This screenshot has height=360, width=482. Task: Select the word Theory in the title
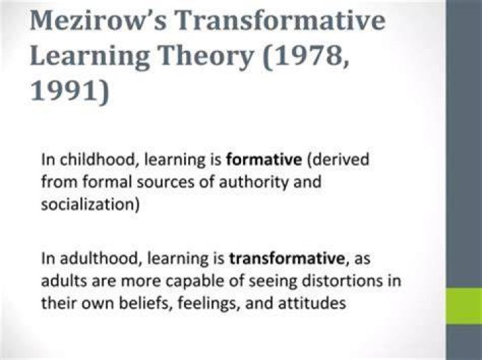(x=206, y=57)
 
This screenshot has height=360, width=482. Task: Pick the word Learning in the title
(x=90, y=57)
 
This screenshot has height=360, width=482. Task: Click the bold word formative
(x=264, y=160)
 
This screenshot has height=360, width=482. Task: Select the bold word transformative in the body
(x=287, y=259)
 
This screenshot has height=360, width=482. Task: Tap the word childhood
(x=97, y=160)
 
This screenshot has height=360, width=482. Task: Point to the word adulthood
(x=99, y=259)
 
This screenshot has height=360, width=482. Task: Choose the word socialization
(x=88, y=204)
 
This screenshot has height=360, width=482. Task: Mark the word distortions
(x=345, y=281)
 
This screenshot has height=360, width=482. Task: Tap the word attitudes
(x=312, y=303)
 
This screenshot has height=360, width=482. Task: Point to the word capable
(x=194, y=281)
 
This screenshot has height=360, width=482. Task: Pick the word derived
(x=341, y=160)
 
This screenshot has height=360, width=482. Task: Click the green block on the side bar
(x=464, y=306)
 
